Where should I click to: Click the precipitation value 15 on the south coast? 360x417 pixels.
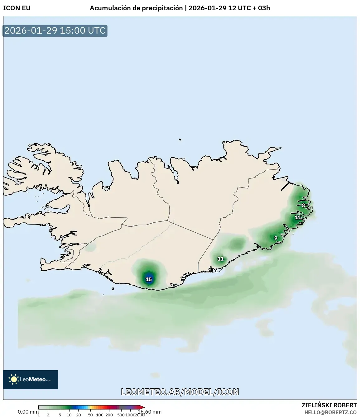[x=149, y=279]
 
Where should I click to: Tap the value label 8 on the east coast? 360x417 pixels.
[x=304, y=206]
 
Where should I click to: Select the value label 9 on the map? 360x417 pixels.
[x=276, y=238]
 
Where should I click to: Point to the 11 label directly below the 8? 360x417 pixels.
[x=298, y=217]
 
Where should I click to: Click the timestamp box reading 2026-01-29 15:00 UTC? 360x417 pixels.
[x=55, y=31]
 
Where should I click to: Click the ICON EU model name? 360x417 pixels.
[x=17, y=8]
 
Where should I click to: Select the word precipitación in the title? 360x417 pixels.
[x=162, y=8]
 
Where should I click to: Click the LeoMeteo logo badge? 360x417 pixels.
[x=31, y=379]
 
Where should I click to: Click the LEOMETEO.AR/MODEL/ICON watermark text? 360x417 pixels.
[x=180, y=392]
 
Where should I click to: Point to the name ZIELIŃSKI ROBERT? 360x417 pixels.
[x=329, y=405]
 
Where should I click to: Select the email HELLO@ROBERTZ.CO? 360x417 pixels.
[x=330, y=412]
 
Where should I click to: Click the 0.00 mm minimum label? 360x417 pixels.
[x=28, y=412]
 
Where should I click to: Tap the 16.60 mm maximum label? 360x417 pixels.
[x=150, y=412]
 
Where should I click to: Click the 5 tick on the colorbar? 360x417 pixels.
[x=60, y=415]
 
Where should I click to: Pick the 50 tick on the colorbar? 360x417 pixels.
[x=90, y=415]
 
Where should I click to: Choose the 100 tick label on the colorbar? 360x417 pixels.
[x=99, y=415]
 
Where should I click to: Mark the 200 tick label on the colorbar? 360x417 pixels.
[x=109, y=415]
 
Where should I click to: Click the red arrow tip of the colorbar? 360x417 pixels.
[x=143, y=407]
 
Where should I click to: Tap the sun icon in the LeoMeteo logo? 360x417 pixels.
[x=14, y=379]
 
